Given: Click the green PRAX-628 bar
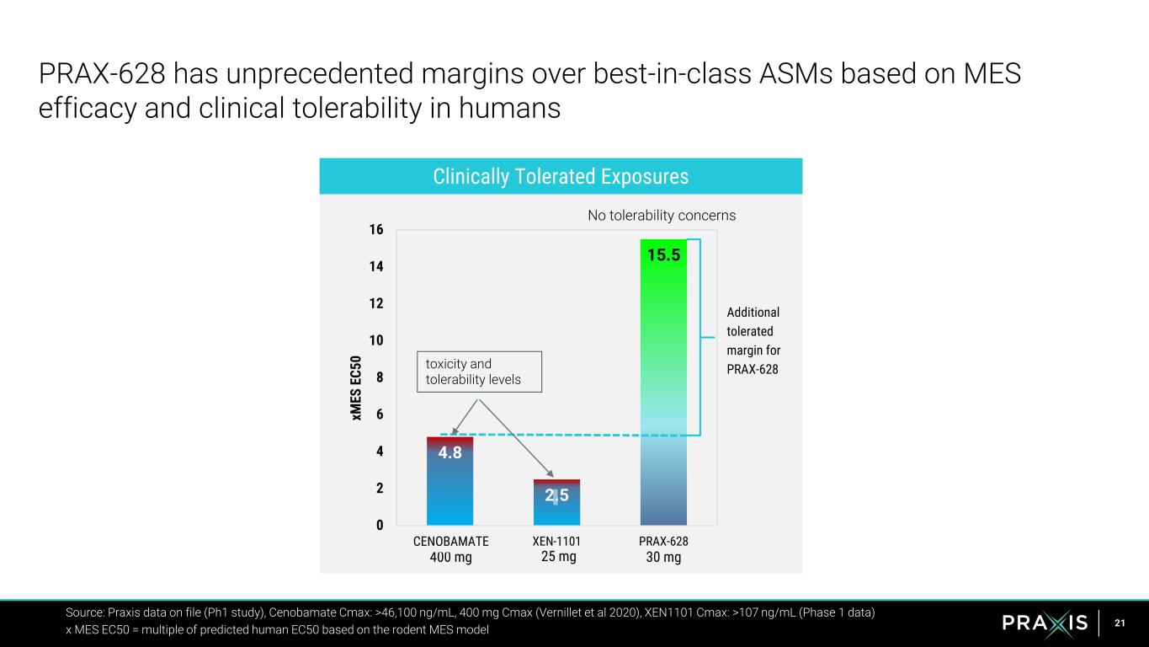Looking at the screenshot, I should (663, 379).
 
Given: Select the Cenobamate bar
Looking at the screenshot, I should (449, 484).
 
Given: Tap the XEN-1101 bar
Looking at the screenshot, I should (556, 503).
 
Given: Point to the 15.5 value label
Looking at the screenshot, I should (663, 254).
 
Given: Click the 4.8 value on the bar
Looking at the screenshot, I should (449, 452).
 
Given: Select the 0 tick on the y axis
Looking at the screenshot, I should (380, 525).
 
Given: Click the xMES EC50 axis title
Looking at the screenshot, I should (357, 388).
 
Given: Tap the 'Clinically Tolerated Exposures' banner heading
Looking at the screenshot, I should (561, 177).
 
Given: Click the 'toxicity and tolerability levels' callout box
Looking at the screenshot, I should (479, 372).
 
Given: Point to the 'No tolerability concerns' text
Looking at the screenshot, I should (662, 216).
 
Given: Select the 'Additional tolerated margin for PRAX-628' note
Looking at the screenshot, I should (753, 341).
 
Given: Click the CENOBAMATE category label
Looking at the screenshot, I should (450, 542).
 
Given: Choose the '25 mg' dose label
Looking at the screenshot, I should (556, 557).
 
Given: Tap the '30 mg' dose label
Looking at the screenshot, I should (663, 558).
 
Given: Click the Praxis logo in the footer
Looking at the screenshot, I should (1045, 623).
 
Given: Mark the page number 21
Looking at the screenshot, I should (1120, 623).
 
